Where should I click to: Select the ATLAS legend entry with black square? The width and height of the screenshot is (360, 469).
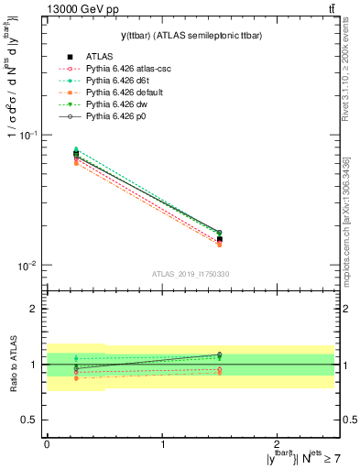coord(102,57)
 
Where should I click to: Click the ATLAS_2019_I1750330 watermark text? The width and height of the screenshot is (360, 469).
coord(191,274)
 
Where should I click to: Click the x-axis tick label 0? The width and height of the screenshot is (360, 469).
coord(47,446)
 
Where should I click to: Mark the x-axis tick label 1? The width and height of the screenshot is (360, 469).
coord(162,446)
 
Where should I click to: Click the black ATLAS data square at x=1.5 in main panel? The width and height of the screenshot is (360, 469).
coord(220,239)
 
